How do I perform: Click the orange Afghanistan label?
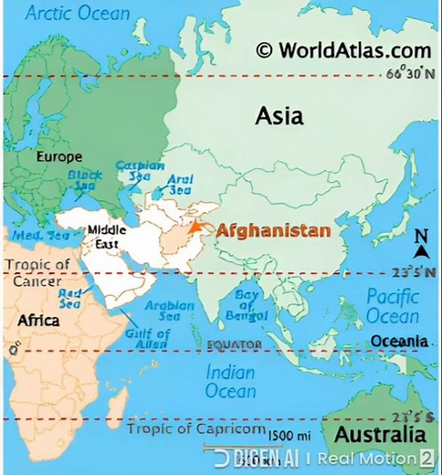tap(273, 231)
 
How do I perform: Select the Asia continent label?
tap(279, 116)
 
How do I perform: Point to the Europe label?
tap(58, 157)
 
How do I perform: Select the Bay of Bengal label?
tap(247, 304)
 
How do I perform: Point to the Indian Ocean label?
tap(229, 381)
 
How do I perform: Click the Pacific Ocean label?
tap(392, 306)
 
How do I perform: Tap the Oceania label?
tap(399, 341)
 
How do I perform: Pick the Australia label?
tap(379, 434)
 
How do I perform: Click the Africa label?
tap(38, 322)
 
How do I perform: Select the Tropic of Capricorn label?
tap(195, 428)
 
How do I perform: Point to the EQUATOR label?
tap(235, 344)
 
